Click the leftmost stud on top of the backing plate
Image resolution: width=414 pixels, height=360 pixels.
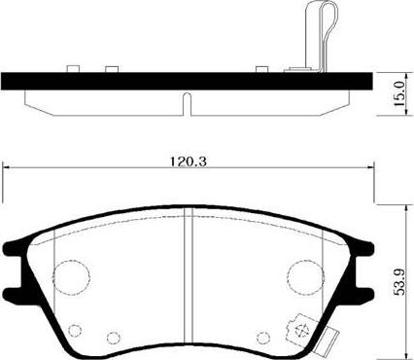click(73, 69)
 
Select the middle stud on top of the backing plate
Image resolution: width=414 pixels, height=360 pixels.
click(111, 69)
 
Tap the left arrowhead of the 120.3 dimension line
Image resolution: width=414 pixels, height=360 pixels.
click(8, 165)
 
